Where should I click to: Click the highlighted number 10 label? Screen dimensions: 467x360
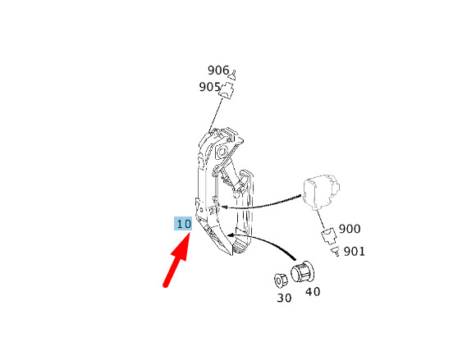click(183, 224)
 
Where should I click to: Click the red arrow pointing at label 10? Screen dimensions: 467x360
click(176, 260)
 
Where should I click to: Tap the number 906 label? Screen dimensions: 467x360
click(218, 71)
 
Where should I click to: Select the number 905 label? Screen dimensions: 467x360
click(209, 87)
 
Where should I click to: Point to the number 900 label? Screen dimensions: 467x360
click(350, 229)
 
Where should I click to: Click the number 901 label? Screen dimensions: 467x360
click(354, 252)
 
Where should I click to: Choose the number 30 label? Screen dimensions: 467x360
click(284, 298)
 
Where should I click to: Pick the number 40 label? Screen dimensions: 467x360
click(313, 292)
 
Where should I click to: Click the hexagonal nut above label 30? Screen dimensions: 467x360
click(281, 280)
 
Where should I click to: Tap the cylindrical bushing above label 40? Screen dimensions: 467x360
click(302, 272)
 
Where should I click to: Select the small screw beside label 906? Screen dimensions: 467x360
click(234, 75)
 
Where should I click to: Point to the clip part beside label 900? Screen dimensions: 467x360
click(329, 235)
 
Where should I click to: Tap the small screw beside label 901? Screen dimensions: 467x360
click(336, 251)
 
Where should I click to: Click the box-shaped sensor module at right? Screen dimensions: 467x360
click(321, 192)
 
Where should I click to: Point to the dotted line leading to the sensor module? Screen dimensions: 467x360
click(263, 203)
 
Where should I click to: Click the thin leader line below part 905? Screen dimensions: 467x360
click(217, 114)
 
